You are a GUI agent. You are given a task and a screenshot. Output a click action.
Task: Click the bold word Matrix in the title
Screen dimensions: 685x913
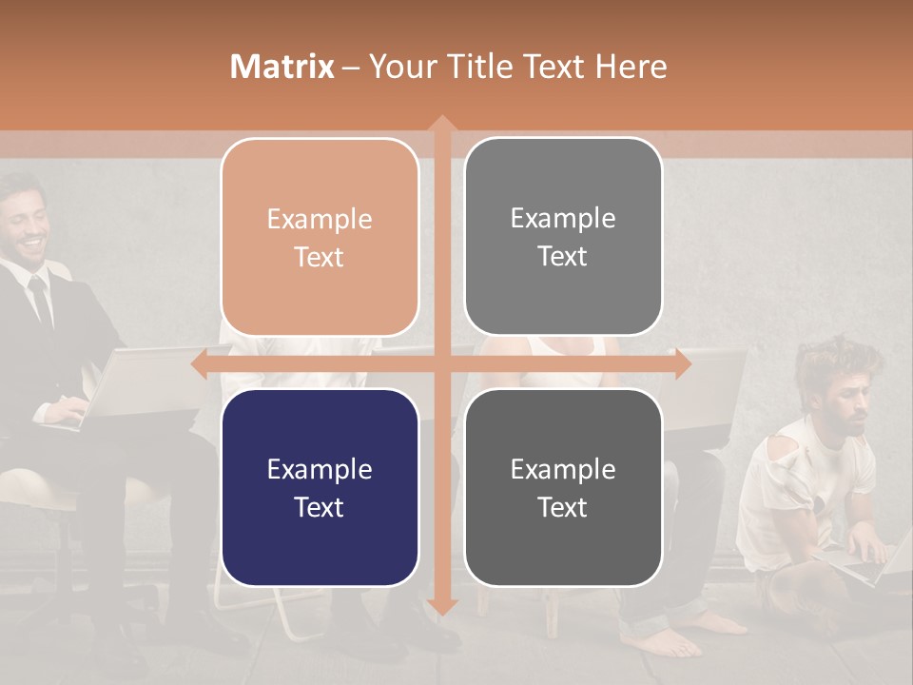[x=282, y=67]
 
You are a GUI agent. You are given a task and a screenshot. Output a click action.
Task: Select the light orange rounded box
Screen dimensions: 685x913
[x=320, y=237]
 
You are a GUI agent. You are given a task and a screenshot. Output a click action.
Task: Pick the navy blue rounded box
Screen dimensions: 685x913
[x=320, y=487]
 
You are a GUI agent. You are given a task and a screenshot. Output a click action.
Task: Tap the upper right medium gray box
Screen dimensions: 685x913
[x=563, y=237]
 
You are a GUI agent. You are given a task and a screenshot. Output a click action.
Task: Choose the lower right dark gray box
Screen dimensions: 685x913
[x=563, y=487]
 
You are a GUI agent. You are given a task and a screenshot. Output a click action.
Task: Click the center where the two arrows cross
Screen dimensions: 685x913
[x=441, y=363]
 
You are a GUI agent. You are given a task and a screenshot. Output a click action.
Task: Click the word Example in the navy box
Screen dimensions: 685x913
[x=320, y=469]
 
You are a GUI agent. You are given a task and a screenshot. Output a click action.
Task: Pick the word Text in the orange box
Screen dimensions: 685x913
[x=320, y=257]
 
